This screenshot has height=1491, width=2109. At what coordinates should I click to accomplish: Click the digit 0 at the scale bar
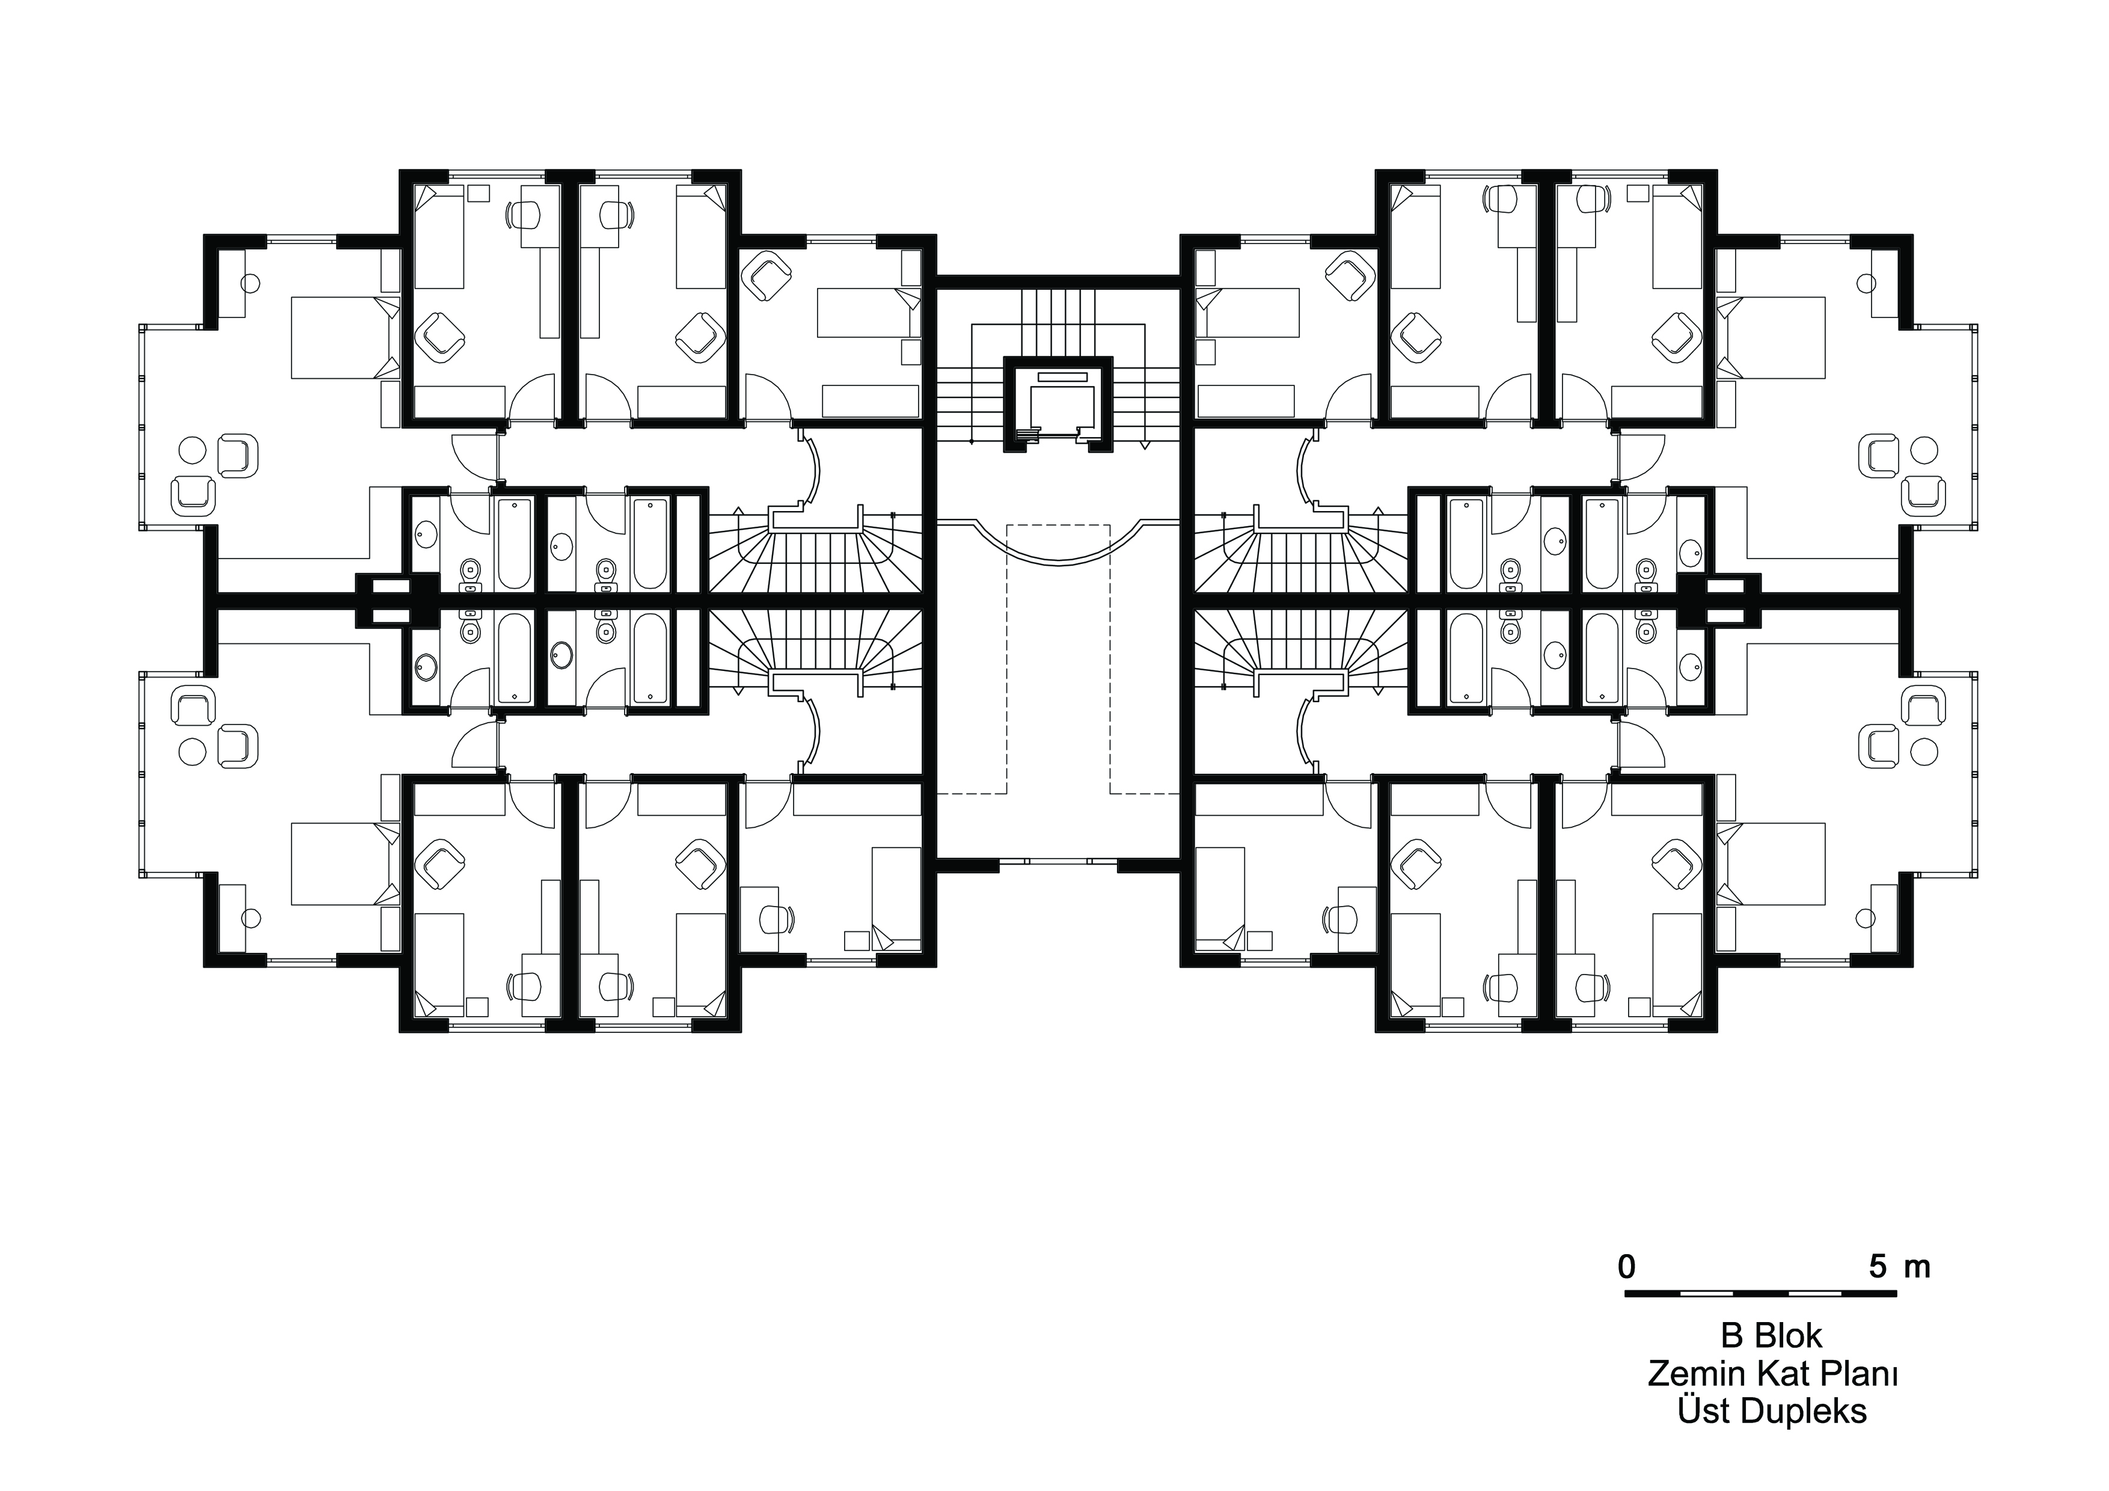[1627, 1268]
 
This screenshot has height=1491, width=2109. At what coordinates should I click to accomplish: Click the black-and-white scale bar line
[1761, 1293]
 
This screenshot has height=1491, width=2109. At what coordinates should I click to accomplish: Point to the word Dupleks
[1806, 1411]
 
